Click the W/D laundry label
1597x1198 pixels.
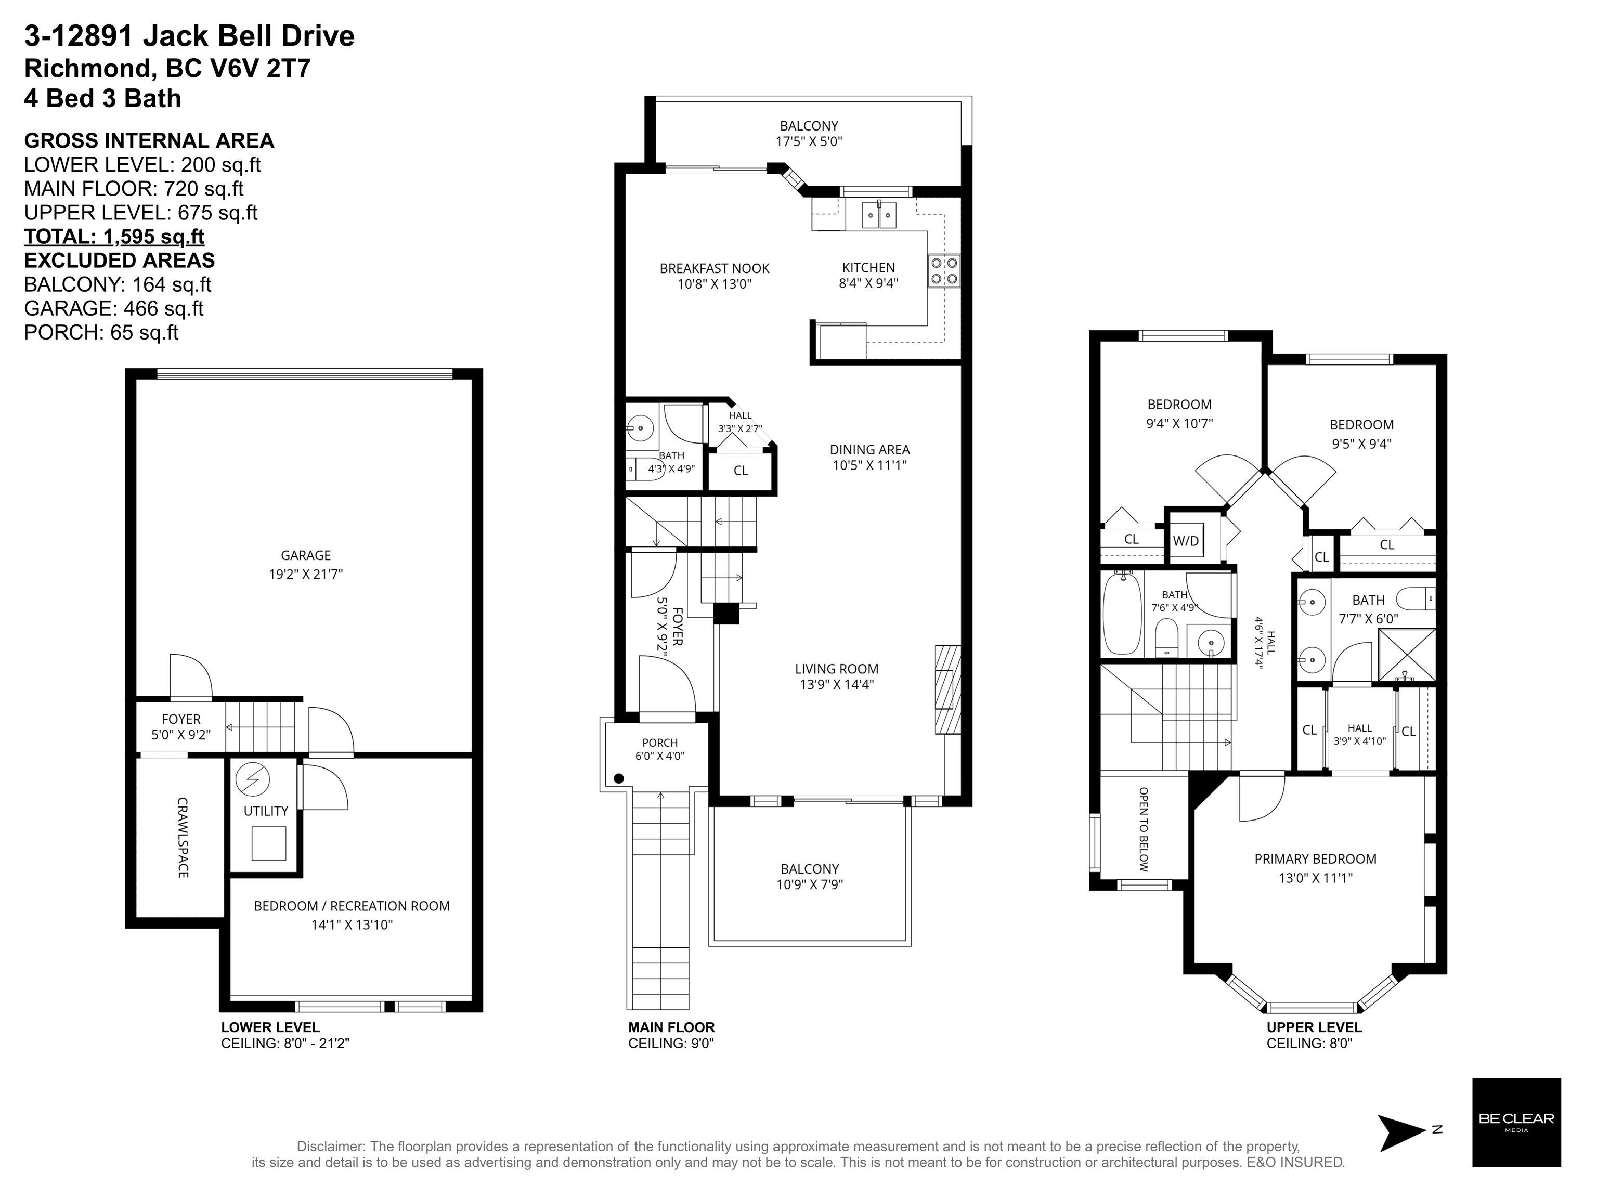click(1186, 541)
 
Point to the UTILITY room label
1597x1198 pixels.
click(266, 811)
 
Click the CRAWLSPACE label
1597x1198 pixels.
click(183, 837)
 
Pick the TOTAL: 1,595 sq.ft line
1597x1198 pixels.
click(114, 237)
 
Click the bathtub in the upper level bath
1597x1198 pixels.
click(1122, 614)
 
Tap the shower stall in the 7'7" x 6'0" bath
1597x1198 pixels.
click(1406, 655)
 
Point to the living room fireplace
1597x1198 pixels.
click(948, 689)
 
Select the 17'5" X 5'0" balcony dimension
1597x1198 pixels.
click(809, 141)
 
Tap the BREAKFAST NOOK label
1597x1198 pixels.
click(714, 268)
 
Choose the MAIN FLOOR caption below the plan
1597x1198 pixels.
click(671, 1027)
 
